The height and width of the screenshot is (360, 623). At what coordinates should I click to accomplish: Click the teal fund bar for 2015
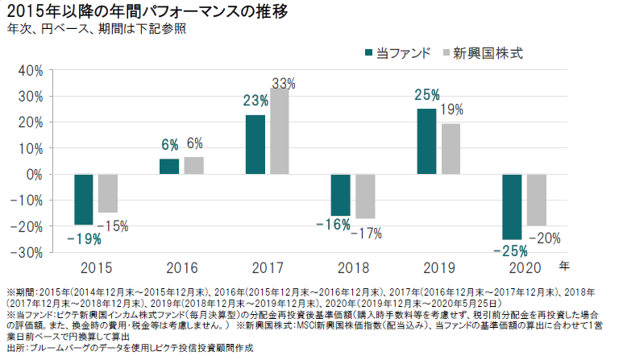[84, 199]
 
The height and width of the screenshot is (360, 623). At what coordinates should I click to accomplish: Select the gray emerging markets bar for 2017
[280, 131]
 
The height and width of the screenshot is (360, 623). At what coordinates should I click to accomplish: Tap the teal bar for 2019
[426, 141]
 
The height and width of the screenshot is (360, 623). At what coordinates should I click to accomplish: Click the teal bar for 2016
[169, 166]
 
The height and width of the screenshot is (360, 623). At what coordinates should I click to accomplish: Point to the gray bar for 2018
[365, 196]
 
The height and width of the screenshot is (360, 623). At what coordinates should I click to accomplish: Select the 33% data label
[283, 82]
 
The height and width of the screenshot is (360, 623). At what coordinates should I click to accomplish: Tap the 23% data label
[255, 101]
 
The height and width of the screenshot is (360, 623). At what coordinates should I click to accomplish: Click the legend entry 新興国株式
[484, 53]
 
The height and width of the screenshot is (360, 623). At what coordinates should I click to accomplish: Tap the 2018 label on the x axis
[352, 267]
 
